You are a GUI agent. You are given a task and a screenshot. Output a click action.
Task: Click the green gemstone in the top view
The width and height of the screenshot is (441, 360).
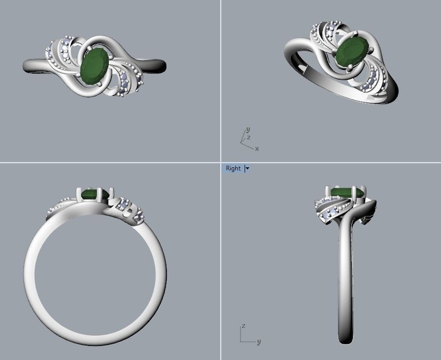[95, 66]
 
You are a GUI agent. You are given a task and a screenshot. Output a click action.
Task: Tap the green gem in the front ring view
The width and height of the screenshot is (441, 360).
[94, 194]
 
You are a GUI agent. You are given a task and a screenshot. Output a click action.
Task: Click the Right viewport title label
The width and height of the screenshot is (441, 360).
[233, 168]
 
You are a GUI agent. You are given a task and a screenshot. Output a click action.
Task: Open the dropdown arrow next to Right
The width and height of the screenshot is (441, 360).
[248, 168]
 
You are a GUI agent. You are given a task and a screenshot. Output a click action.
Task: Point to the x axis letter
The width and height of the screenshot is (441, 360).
[257, 149]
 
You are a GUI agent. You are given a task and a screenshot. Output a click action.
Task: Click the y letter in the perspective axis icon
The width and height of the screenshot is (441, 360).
[248, 129]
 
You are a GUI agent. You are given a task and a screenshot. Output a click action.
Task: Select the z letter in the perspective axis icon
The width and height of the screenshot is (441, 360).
[249, 137]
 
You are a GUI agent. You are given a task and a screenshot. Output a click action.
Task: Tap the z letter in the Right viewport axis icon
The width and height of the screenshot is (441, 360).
[243, 326]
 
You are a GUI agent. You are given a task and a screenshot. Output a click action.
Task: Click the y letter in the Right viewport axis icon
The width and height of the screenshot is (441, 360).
[259, 342]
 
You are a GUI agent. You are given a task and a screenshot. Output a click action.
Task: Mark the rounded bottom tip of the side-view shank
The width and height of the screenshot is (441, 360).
[345, 340]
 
